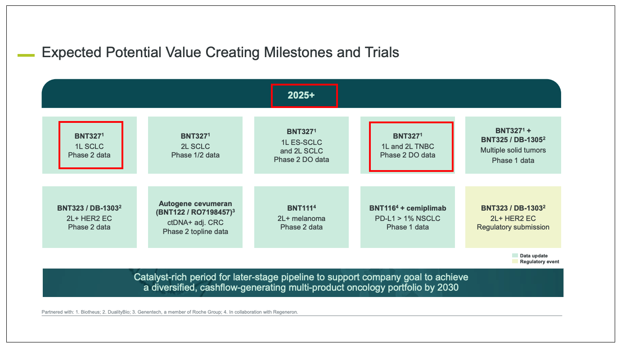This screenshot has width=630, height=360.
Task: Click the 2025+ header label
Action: (x=301, y=95)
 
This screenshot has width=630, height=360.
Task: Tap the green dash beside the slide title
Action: (x=26, y=55)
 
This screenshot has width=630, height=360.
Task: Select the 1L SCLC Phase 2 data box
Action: (x=90, y=145)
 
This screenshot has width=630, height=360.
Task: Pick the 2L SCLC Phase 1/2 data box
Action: (x=195, y=145)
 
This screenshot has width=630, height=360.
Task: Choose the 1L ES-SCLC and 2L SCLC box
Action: (x=301, y=145)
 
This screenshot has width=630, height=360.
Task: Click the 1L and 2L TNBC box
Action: (x=408, y=145)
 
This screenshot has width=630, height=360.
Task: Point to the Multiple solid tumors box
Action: (x=513, y=145)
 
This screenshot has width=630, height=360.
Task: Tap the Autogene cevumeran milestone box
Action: (x=195, y=217)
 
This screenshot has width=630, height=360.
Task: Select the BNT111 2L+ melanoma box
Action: (x=301, y=217)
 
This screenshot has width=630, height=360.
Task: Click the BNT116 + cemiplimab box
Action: (x=408, y=217)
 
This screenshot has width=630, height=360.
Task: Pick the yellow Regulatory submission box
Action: (x=513, y=217)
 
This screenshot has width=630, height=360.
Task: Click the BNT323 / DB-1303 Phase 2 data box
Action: (x=90, y=217)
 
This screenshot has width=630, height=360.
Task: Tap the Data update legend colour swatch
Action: (x=515, y=256)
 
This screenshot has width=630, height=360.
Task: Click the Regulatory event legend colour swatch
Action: (x=515, y=261)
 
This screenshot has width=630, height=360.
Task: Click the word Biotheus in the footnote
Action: (x=90, y=312)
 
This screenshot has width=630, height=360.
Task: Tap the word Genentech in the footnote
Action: (x=149, y=312)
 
